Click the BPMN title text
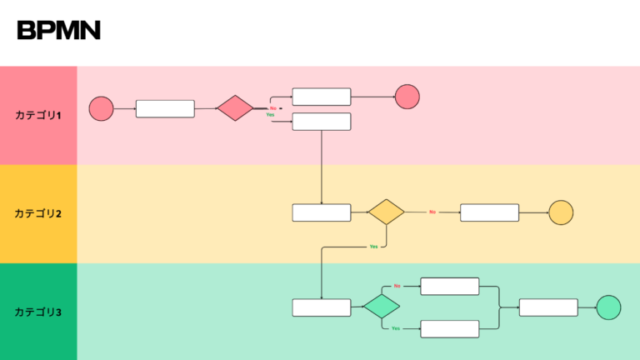click(x=58, y=31)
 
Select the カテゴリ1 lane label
click(x=38, y=115)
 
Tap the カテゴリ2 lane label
click(x=38, y=213)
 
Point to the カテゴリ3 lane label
click(x=38, y=312)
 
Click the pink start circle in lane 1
click(x=101, y=109)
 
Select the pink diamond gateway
click(x=235, y=108)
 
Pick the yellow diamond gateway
click(x=386, y=212)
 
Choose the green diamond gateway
click(x=382, y=306)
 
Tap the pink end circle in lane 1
click(x=407, y=97)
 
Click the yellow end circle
click(x=561, y=212)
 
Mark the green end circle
click(x=608, y=307)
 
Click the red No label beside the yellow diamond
click(x=432, y=212)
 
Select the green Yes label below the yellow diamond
click(x=373, y=247)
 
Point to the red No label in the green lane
click(x=397, y=286)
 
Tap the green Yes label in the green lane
click(x=396, y=328)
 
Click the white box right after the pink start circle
click(x=165, y=109)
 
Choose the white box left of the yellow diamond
click(x=322, y=212)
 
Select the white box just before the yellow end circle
click(x=489, y=212)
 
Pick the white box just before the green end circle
click(x=548, y=307)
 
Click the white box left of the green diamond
click(x=322, y=307)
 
